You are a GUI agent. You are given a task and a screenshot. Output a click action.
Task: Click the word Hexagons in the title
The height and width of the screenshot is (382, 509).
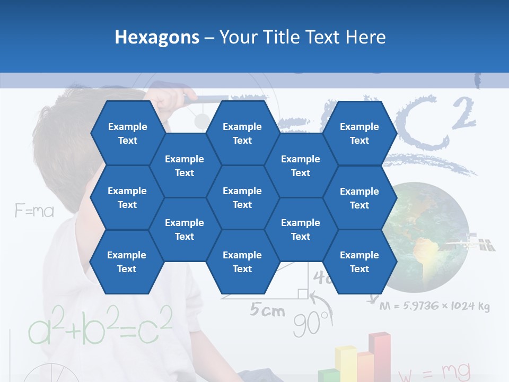coord(157,37)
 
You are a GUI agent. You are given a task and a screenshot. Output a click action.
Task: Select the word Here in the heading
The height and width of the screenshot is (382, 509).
coord(366,37)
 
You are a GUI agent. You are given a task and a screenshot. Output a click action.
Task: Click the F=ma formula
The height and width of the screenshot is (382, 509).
coord(34,211)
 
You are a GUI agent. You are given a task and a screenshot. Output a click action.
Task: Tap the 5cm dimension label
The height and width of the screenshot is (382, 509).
coord(268,310)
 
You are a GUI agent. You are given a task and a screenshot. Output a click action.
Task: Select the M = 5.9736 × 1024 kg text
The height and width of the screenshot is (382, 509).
coord(434,306)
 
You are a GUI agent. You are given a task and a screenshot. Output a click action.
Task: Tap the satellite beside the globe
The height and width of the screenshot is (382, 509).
coord(472,243)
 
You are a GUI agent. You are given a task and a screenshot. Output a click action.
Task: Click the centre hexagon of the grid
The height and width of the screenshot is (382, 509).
coord(242,197)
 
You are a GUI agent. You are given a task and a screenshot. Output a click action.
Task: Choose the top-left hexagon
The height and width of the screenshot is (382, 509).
coord(127,133)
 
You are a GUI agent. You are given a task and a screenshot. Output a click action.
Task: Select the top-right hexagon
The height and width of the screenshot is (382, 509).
coord(359,133)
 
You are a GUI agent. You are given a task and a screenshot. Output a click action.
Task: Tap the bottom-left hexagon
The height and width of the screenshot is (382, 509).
coord(127,262)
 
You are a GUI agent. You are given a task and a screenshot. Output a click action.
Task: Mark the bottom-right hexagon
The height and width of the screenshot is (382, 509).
coord(359,262)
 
